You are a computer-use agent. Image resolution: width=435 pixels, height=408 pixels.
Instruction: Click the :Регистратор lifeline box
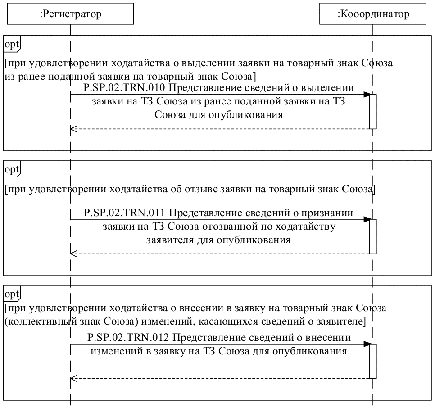point(71,14)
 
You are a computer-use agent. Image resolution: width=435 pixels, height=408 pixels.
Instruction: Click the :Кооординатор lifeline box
point(373,14)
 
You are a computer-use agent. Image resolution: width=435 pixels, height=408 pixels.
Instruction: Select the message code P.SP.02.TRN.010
point(124,87)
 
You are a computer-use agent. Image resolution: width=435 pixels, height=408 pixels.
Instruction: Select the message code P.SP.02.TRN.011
point(124,212)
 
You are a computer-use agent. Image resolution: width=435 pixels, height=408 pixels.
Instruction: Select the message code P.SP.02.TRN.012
point(128,337)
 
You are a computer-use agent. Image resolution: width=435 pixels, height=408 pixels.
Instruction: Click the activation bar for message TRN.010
point(373,112)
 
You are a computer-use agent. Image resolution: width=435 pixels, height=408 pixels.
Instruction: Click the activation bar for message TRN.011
point(373,236)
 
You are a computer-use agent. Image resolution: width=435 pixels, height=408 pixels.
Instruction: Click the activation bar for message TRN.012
point(373,361)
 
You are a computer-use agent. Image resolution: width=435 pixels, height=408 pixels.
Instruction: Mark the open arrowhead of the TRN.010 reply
point(73,129)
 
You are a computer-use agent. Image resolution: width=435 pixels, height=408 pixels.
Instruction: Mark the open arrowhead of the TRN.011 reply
point(73,254)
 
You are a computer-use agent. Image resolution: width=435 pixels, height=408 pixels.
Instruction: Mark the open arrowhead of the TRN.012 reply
point(73,378)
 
